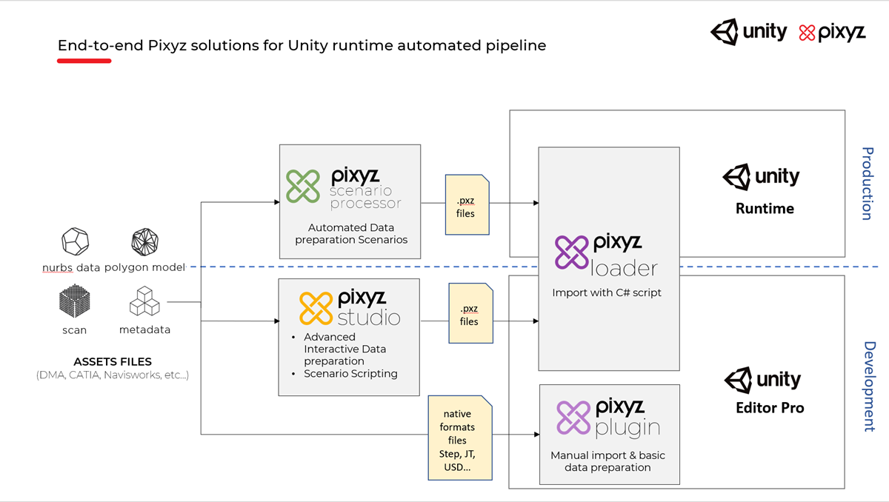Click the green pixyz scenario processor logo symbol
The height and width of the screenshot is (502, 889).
tap(304, 187)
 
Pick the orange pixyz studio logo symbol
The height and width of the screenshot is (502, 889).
tap(316, 308)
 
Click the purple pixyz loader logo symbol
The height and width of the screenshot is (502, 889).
tap(572, 252)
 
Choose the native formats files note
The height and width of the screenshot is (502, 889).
tap(460, 440)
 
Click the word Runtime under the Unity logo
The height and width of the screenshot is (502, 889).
tap(765, 209)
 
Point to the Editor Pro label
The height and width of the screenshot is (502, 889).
tap(769, 408)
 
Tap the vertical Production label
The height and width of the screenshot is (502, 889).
tap(868, 183)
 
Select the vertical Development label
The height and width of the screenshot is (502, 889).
tap(868, 386)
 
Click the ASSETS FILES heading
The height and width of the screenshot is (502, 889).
tap(113, 362)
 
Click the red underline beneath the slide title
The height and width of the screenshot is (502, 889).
tap(84, 61)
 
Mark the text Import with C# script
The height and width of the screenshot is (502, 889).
tap(607, 292)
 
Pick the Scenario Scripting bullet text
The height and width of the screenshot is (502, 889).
tap(350, 374)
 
